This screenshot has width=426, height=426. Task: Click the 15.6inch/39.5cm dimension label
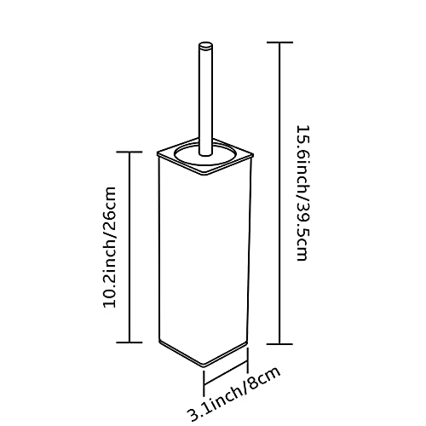[302, 193]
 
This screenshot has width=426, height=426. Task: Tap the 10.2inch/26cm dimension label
[110, 247]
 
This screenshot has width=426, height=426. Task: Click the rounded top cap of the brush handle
[205, 46]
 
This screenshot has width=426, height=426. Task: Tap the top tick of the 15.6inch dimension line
[280, 43]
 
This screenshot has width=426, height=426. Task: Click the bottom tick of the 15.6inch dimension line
[280, 344]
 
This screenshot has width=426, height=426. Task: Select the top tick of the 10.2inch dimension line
[130, 152]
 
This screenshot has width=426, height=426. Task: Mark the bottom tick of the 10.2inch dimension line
[130, 343]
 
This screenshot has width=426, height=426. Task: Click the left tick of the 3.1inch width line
[204, 383]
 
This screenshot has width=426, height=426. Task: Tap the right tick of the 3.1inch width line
[248, 360]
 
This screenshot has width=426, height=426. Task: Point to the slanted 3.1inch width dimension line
[226, 371]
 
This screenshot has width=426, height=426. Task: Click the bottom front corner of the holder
[204, 364]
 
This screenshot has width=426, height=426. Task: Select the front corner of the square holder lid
[205, 175]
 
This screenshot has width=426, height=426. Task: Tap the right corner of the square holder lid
[253, 155]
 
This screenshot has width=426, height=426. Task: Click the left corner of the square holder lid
[158, 154]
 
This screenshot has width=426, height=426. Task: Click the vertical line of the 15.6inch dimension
[280, 193]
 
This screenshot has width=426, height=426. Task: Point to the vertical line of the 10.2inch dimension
[130, 247]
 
